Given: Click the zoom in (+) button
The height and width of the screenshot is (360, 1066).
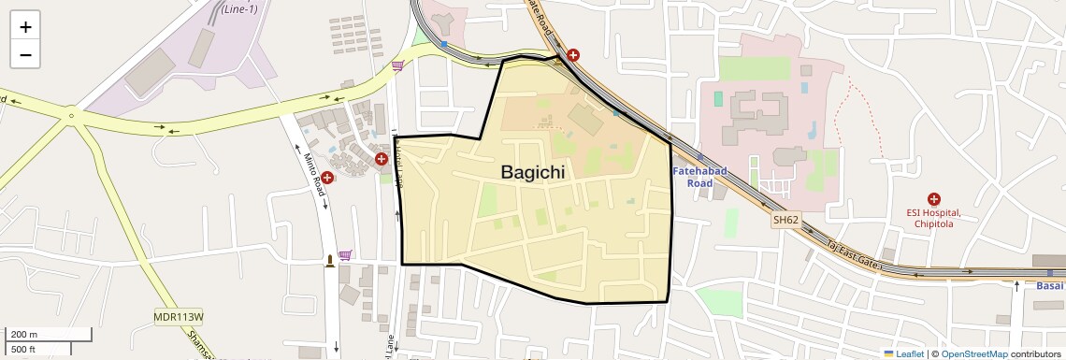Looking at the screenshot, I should (25, 27).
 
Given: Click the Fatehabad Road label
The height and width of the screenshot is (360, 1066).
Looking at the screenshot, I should (693, 177).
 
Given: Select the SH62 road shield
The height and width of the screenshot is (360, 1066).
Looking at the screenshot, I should (785, 221).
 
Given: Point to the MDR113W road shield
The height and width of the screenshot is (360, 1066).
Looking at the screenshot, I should (178, 317).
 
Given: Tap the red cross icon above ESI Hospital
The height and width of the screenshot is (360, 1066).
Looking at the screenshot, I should (933, 199).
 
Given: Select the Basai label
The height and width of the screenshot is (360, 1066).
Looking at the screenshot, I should (1050, 285).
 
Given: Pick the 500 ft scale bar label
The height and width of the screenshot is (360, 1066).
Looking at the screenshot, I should (23, 350).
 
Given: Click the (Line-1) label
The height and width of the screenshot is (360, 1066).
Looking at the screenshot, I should (239, 8).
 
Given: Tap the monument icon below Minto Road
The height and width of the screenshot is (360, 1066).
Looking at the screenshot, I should (329, 260).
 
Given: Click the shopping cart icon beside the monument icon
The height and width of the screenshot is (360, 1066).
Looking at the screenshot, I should (345, 254).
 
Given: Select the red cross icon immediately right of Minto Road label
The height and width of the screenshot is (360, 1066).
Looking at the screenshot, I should (327, 178).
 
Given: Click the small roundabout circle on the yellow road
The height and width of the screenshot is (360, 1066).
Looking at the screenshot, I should (71, 117).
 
